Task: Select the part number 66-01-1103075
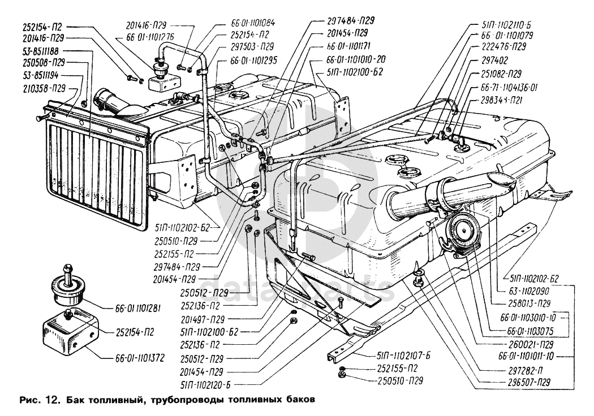(522, 330)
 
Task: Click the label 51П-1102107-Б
(403, 356)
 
